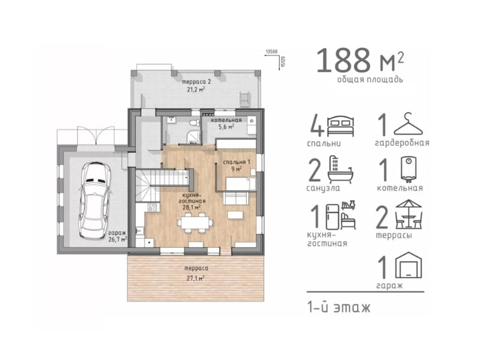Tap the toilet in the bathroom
193,123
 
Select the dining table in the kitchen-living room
194,223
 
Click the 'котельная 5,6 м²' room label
226,124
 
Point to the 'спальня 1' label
236,162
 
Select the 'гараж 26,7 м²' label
117,236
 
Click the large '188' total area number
343,60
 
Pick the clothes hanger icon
408,124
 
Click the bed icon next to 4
341,126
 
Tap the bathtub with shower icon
340,169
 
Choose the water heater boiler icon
408,169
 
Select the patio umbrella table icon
409,214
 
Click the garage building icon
409,265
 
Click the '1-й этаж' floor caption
339,307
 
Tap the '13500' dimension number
272,52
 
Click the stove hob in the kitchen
152,208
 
